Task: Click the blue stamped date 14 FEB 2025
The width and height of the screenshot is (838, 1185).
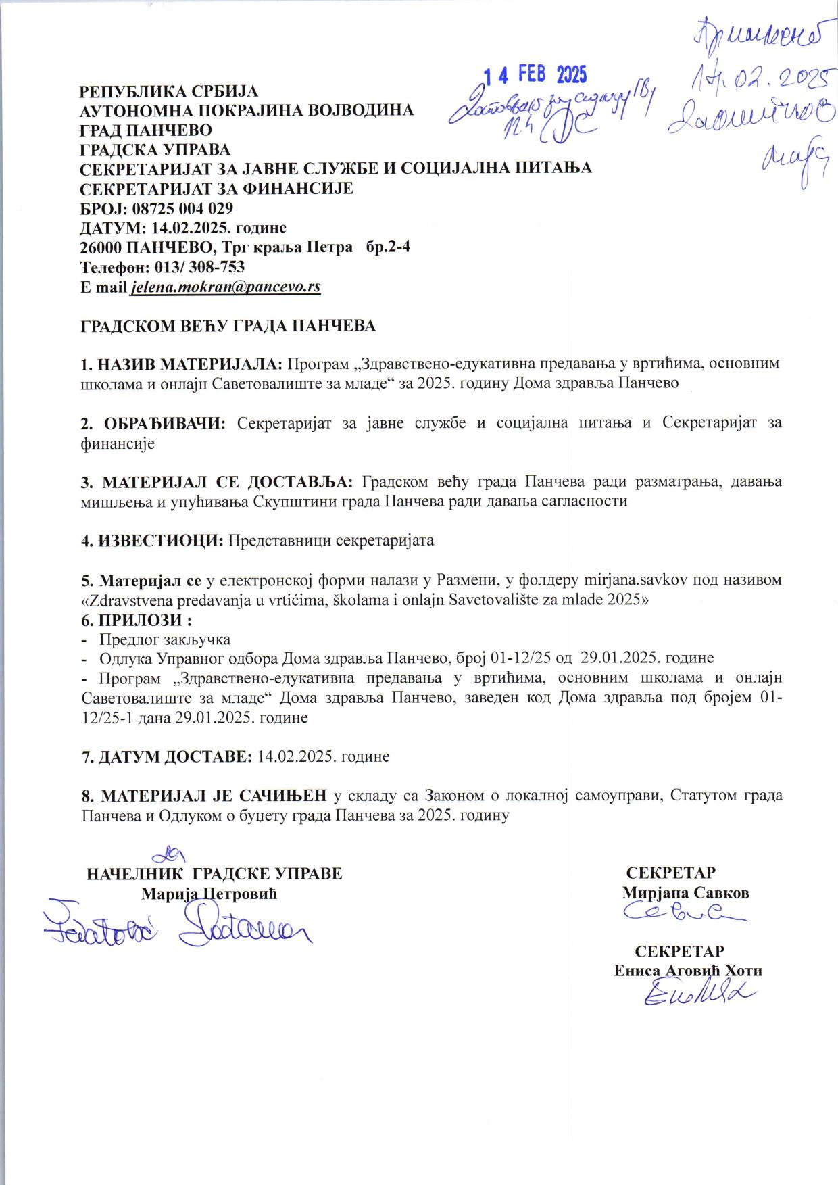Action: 535,74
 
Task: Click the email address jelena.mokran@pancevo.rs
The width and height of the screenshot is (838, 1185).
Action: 226,287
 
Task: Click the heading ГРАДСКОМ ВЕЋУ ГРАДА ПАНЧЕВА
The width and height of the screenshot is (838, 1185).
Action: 228,326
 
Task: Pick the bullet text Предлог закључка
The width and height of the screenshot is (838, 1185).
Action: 165,639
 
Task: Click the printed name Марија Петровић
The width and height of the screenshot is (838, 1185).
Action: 209,893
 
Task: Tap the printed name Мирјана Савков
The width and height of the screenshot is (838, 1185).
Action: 685,892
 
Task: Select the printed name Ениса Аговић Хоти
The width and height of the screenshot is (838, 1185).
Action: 688,971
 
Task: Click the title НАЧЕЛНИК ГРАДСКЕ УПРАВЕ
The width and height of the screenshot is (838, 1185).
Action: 215,873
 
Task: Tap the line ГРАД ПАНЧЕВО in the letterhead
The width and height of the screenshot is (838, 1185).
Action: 146,130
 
